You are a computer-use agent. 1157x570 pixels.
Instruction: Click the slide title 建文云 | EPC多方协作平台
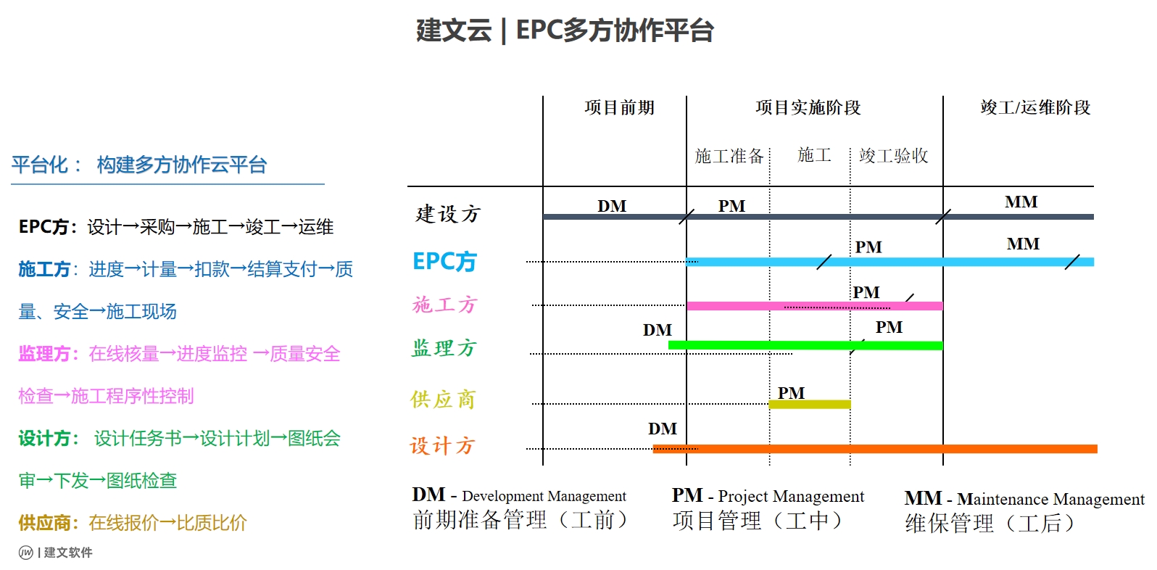click(x=565, y=30)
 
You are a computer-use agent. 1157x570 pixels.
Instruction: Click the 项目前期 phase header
click(x=619, y=107)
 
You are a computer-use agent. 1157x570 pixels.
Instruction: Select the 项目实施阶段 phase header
click(x=808, y=107)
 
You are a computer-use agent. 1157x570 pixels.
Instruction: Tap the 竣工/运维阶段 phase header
click(x=1035, y=107)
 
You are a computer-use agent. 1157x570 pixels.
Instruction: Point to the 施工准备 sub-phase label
click(x=729, y=156)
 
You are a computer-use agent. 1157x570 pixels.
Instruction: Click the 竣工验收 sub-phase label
click(x=893, y=156)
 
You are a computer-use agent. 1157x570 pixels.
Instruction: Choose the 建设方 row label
click(x=448, y=214)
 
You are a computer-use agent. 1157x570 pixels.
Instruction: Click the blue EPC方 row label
click(x=444, y=261)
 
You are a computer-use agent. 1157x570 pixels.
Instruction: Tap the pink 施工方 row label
click(x=444, y=305)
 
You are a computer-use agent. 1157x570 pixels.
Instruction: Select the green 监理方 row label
click(x=444, y=348)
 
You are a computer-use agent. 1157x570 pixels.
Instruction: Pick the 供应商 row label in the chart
click(x=443, y=400)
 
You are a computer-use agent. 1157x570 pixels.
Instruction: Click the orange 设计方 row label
click(x=442, y=445)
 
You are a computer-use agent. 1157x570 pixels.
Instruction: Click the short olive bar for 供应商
click(x=809, y=404)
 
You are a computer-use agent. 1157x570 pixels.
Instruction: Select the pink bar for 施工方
click(x=814, y=306)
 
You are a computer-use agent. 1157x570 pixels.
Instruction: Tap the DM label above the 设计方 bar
click(x=663, y=429)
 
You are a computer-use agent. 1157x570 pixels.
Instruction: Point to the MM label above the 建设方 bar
click(x=1021, y=202)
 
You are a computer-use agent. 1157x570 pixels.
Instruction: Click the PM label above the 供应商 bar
click(x=791, y=393)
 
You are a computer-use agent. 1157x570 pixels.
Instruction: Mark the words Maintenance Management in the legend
click(x=1050, y=499)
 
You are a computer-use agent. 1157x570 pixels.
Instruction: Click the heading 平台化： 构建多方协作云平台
click(x=139, y=165)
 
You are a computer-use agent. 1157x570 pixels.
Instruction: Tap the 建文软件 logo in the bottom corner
click(x=56, y=553)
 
